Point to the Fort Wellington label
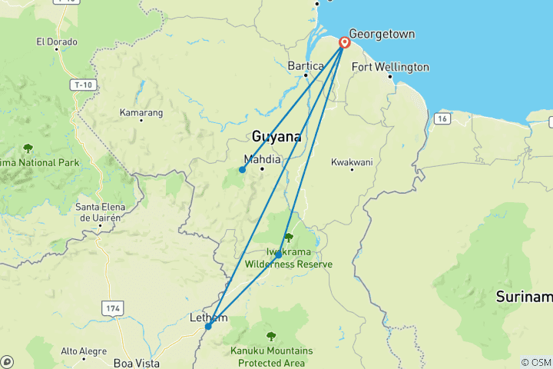[390, 68]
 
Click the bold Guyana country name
[276, 137]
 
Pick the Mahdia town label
[262, 160]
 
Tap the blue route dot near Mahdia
[242, 170]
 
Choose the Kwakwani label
[351, 163]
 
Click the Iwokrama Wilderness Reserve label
[289, 258]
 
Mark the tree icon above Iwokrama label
[289, 238]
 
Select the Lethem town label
[207, 317]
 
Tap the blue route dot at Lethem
[208, 326]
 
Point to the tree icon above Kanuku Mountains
[270, 336]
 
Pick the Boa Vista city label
[133, 362]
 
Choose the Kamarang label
[141, 113]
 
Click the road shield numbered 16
[441, 118]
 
